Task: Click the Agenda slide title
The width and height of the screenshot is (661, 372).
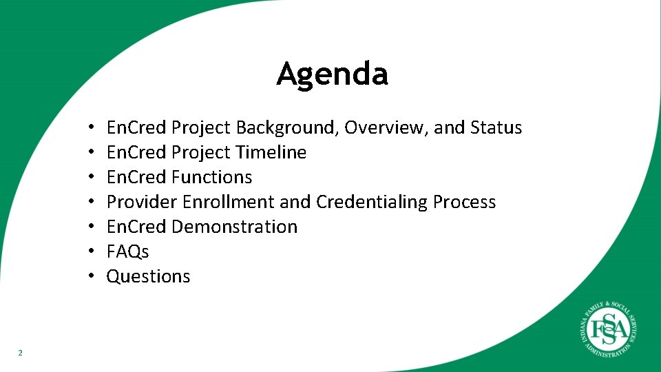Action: click(x=332, y=74)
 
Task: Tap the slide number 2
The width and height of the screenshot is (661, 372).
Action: click(x=20, y=353)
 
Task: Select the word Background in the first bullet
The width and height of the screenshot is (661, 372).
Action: click(x=287, y=128)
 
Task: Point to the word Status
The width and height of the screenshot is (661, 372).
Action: click(x=496, y=128)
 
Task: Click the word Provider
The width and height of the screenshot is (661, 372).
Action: click(x=142, y=202)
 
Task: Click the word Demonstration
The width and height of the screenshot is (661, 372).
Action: click(x=234, y=227)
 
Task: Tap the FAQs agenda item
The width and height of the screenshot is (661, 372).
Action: click(x=127, y=251)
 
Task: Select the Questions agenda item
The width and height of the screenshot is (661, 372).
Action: click(x=148, y=276)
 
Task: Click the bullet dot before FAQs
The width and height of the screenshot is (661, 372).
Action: click(x=91, y=252)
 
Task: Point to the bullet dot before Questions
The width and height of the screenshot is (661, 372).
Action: click(x=91, y=277)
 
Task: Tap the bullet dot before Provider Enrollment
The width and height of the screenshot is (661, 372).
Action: click(x=91, y=203)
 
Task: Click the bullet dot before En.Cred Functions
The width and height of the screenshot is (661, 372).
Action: click(x=91, y=178)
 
